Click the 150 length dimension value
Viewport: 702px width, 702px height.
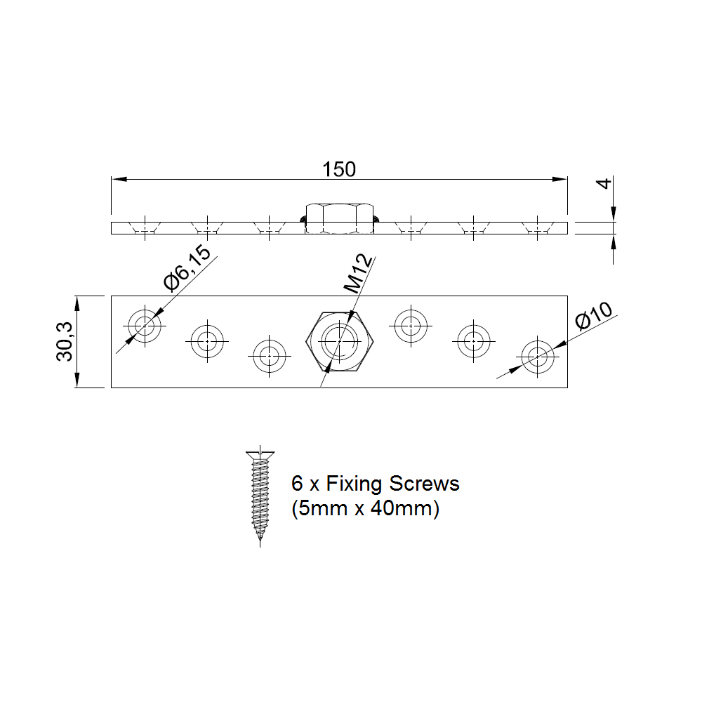[339, 169]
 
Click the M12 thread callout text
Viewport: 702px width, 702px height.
[358, 275]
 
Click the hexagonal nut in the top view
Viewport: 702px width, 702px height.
[340, 341]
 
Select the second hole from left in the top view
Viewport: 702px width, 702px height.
[206, 342]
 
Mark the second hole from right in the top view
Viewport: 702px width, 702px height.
[474, 341]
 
